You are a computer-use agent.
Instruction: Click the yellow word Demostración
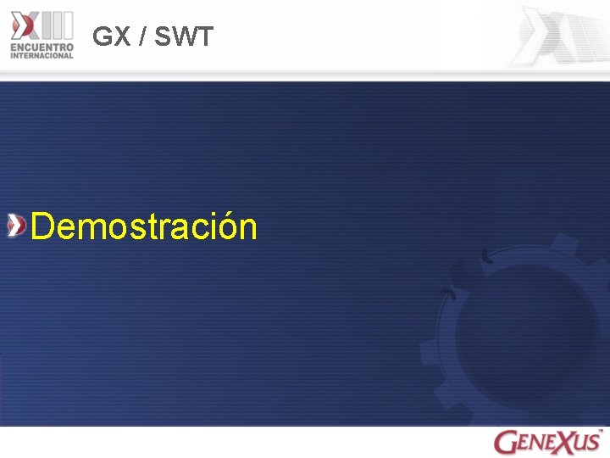click(x=143, y=226)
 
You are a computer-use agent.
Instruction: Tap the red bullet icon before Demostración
click(x=16, y=226)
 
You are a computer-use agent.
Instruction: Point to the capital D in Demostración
click(x=42, y=226)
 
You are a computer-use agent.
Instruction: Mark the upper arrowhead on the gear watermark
click(x=486, y=254)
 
